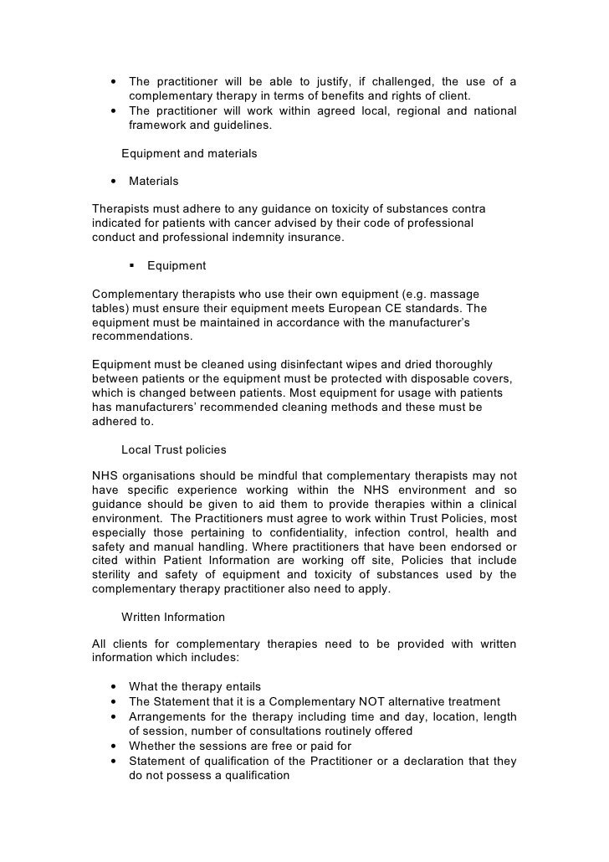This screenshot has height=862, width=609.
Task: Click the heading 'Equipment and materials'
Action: pyautogui.click(x=189, y=153)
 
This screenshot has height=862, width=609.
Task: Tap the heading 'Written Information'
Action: pyautogui.click(x=173, y=617)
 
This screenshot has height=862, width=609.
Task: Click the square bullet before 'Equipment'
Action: pyautogui.click(x=133, y=266)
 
